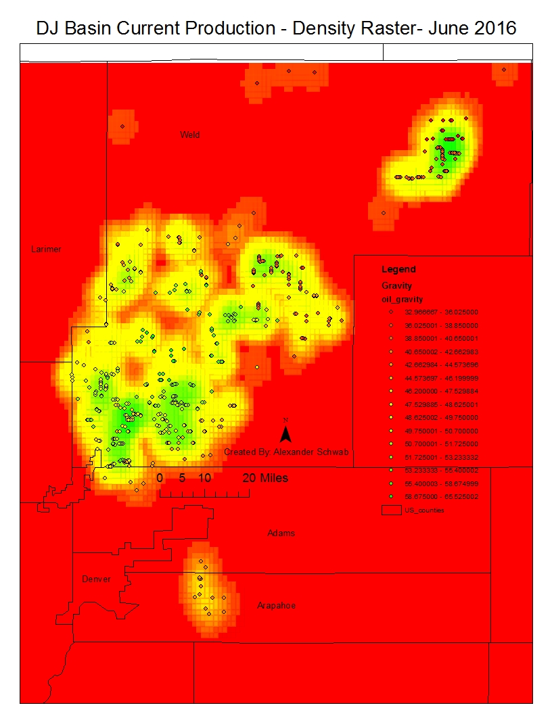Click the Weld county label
[189, 135]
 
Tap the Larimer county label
[46, 249]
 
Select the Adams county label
[281, 533]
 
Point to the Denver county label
[96, 579]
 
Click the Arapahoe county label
[276, 606]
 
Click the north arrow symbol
[285, 432]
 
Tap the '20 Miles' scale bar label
[265, 478]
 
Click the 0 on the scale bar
[160, 478]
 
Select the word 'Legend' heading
[398, 269]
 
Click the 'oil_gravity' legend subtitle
[403, 299]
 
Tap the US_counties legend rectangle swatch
[390, 510]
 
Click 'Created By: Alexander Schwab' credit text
[286, 452]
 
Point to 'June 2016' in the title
[474, 28]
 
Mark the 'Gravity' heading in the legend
[397, 286]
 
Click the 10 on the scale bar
[205, 478]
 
